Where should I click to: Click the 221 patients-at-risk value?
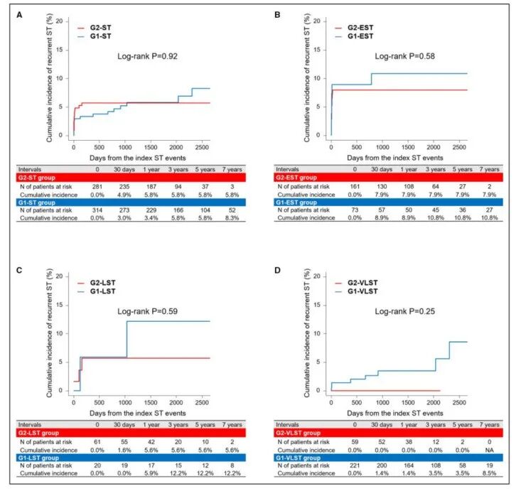[357, 468]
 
